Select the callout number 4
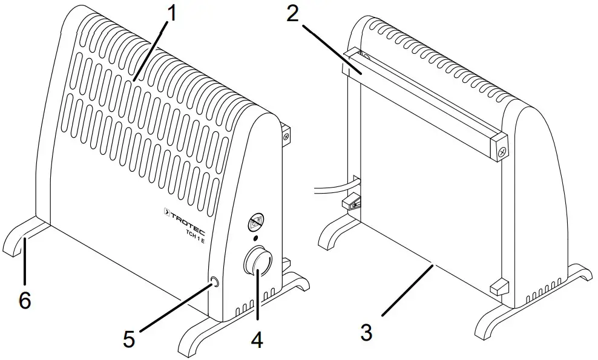click(257, 340)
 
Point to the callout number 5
click(129, 339)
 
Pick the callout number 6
click(25, 299)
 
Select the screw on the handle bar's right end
click(502, 154)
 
